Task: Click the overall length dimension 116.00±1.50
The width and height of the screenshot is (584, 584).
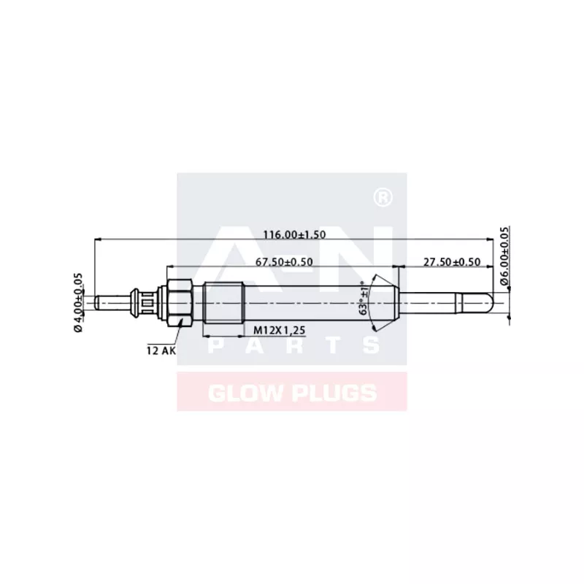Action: [294, 234]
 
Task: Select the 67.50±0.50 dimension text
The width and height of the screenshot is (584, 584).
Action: [284, 261]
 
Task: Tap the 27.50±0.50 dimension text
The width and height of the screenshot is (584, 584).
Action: [453, 261]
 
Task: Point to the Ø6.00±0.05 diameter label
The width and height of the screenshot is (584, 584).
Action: [504, 255]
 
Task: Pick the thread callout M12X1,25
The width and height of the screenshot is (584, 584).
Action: [279, 331]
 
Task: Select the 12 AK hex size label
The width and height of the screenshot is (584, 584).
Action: [161, 350]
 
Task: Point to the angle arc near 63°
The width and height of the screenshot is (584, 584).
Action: [374, 301]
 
